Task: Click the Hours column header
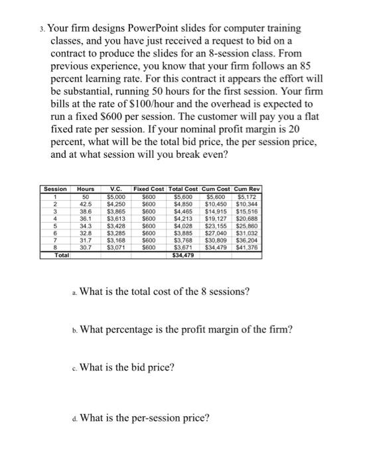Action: [x=85, y=190]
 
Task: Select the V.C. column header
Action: [x=116, y=190]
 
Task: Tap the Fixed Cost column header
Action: [x=149, y=190]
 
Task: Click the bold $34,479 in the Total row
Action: [x=183, y=253]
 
